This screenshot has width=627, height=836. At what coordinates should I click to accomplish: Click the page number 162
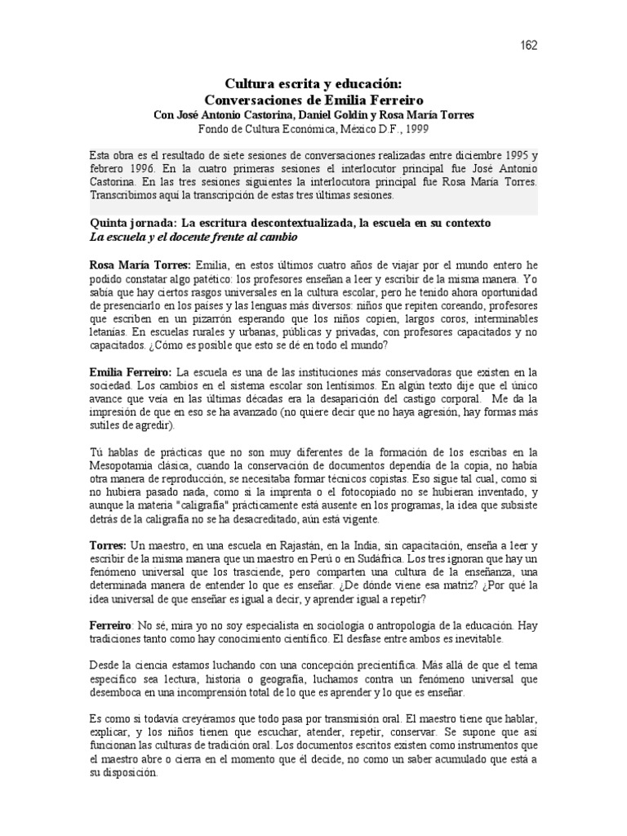528,46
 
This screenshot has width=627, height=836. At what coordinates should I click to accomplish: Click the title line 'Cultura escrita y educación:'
313,83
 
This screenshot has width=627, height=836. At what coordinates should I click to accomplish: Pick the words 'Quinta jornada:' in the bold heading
131,222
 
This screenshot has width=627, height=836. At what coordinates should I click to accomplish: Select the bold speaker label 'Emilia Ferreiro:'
131,372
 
